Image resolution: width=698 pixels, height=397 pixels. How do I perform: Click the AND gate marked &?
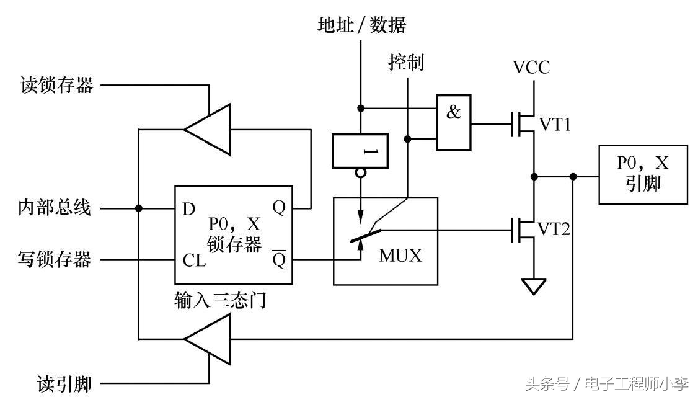click(453, 122)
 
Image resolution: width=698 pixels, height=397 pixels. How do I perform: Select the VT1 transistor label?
click(555, 125)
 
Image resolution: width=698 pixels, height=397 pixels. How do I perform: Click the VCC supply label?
click(531, 67)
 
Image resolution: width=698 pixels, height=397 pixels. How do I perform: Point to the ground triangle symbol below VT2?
click(533, 286)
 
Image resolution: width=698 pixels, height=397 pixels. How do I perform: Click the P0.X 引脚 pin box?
click(643, 174)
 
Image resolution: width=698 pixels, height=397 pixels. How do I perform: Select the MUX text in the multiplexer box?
click(400, 255)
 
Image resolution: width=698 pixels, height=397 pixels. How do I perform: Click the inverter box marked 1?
click(360, 151)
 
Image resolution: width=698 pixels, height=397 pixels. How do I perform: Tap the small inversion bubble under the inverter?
click(360, 173)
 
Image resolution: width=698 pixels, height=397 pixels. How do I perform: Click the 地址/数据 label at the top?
click(361, 25)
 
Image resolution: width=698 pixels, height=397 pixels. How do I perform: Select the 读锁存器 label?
click(56, 85)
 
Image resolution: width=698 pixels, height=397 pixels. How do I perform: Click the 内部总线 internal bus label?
click(55, 208)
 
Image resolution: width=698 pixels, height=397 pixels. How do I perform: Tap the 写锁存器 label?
click(55, 259)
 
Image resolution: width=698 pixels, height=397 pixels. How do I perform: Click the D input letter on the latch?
click(189, 209)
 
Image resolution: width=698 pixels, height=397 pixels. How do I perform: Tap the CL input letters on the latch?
click(195, 260)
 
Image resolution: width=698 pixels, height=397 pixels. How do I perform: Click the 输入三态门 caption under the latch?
click(221, 301)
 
